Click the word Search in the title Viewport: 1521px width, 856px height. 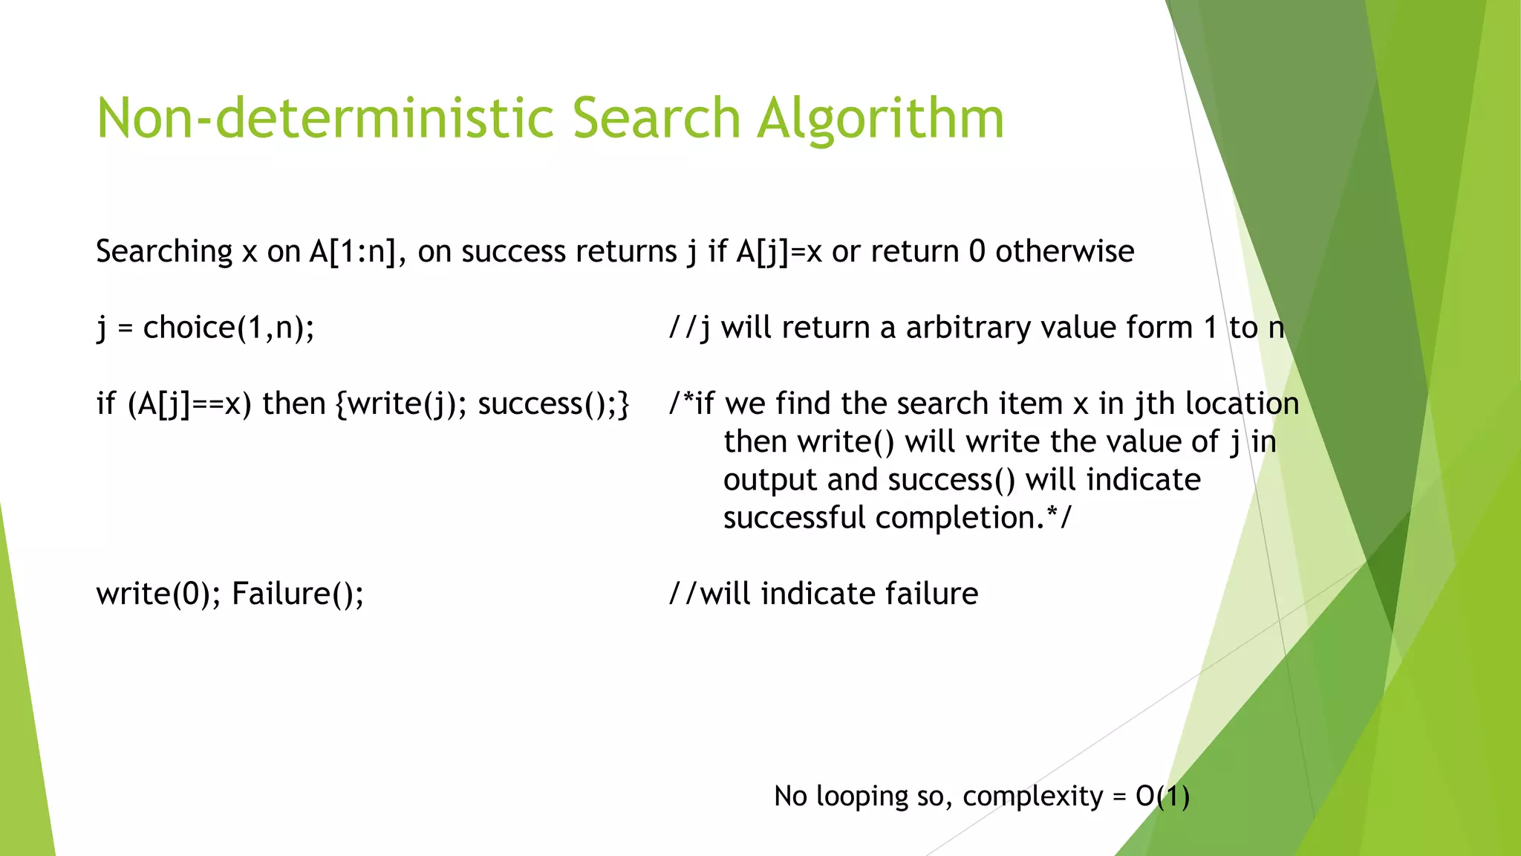click(x=657, y=119)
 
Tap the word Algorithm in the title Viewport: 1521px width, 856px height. click(x=880, y=119)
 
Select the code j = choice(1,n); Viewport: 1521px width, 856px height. click(x=206, y=328)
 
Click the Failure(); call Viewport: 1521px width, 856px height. click(x=298, y=594)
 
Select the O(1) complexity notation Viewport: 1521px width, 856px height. click(x=1162, y=796)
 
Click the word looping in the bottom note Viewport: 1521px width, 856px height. click(x=862, y=796)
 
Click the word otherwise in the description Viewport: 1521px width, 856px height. click(x=1064, y=252)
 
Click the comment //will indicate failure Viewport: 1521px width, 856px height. click(x=824, y=594)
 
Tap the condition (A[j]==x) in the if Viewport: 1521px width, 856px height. click(x=189, y=403)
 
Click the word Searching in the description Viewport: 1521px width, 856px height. click(x=164, y=252)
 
